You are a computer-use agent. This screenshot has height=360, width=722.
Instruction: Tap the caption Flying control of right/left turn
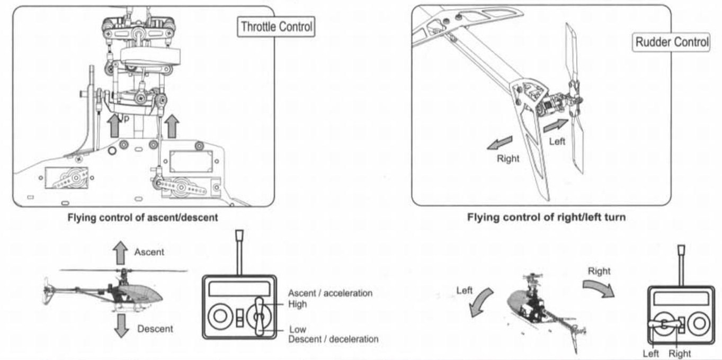pyautogui.click(x=546, y=218)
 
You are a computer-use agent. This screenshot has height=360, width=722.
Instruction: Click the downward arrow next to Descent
pyautogui.click(x=122, y=325)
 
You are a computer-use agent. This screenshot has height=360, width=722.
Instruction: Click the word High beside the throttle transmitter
pyautogui.click(x=297, y=304)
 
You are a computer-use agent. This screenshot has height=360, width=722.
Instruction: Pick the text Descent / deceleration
pyautogui.click(x=333, y=339)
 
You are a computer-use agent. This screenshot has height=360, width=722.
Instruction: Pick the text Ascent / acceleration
pyautogui.click(x=330, y=293)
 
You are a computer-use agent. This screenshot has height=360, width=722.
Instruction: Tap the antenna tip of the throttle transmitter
pyautogui.click(x=238, y=235)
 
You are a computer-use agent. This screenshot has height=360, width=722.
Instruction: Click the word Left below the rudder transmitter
pyautogui.click(x=651, y=354)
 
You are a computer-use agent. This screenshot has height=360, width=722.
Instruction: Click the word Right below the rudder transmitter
pyautogui.click(x=680, y=354)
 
